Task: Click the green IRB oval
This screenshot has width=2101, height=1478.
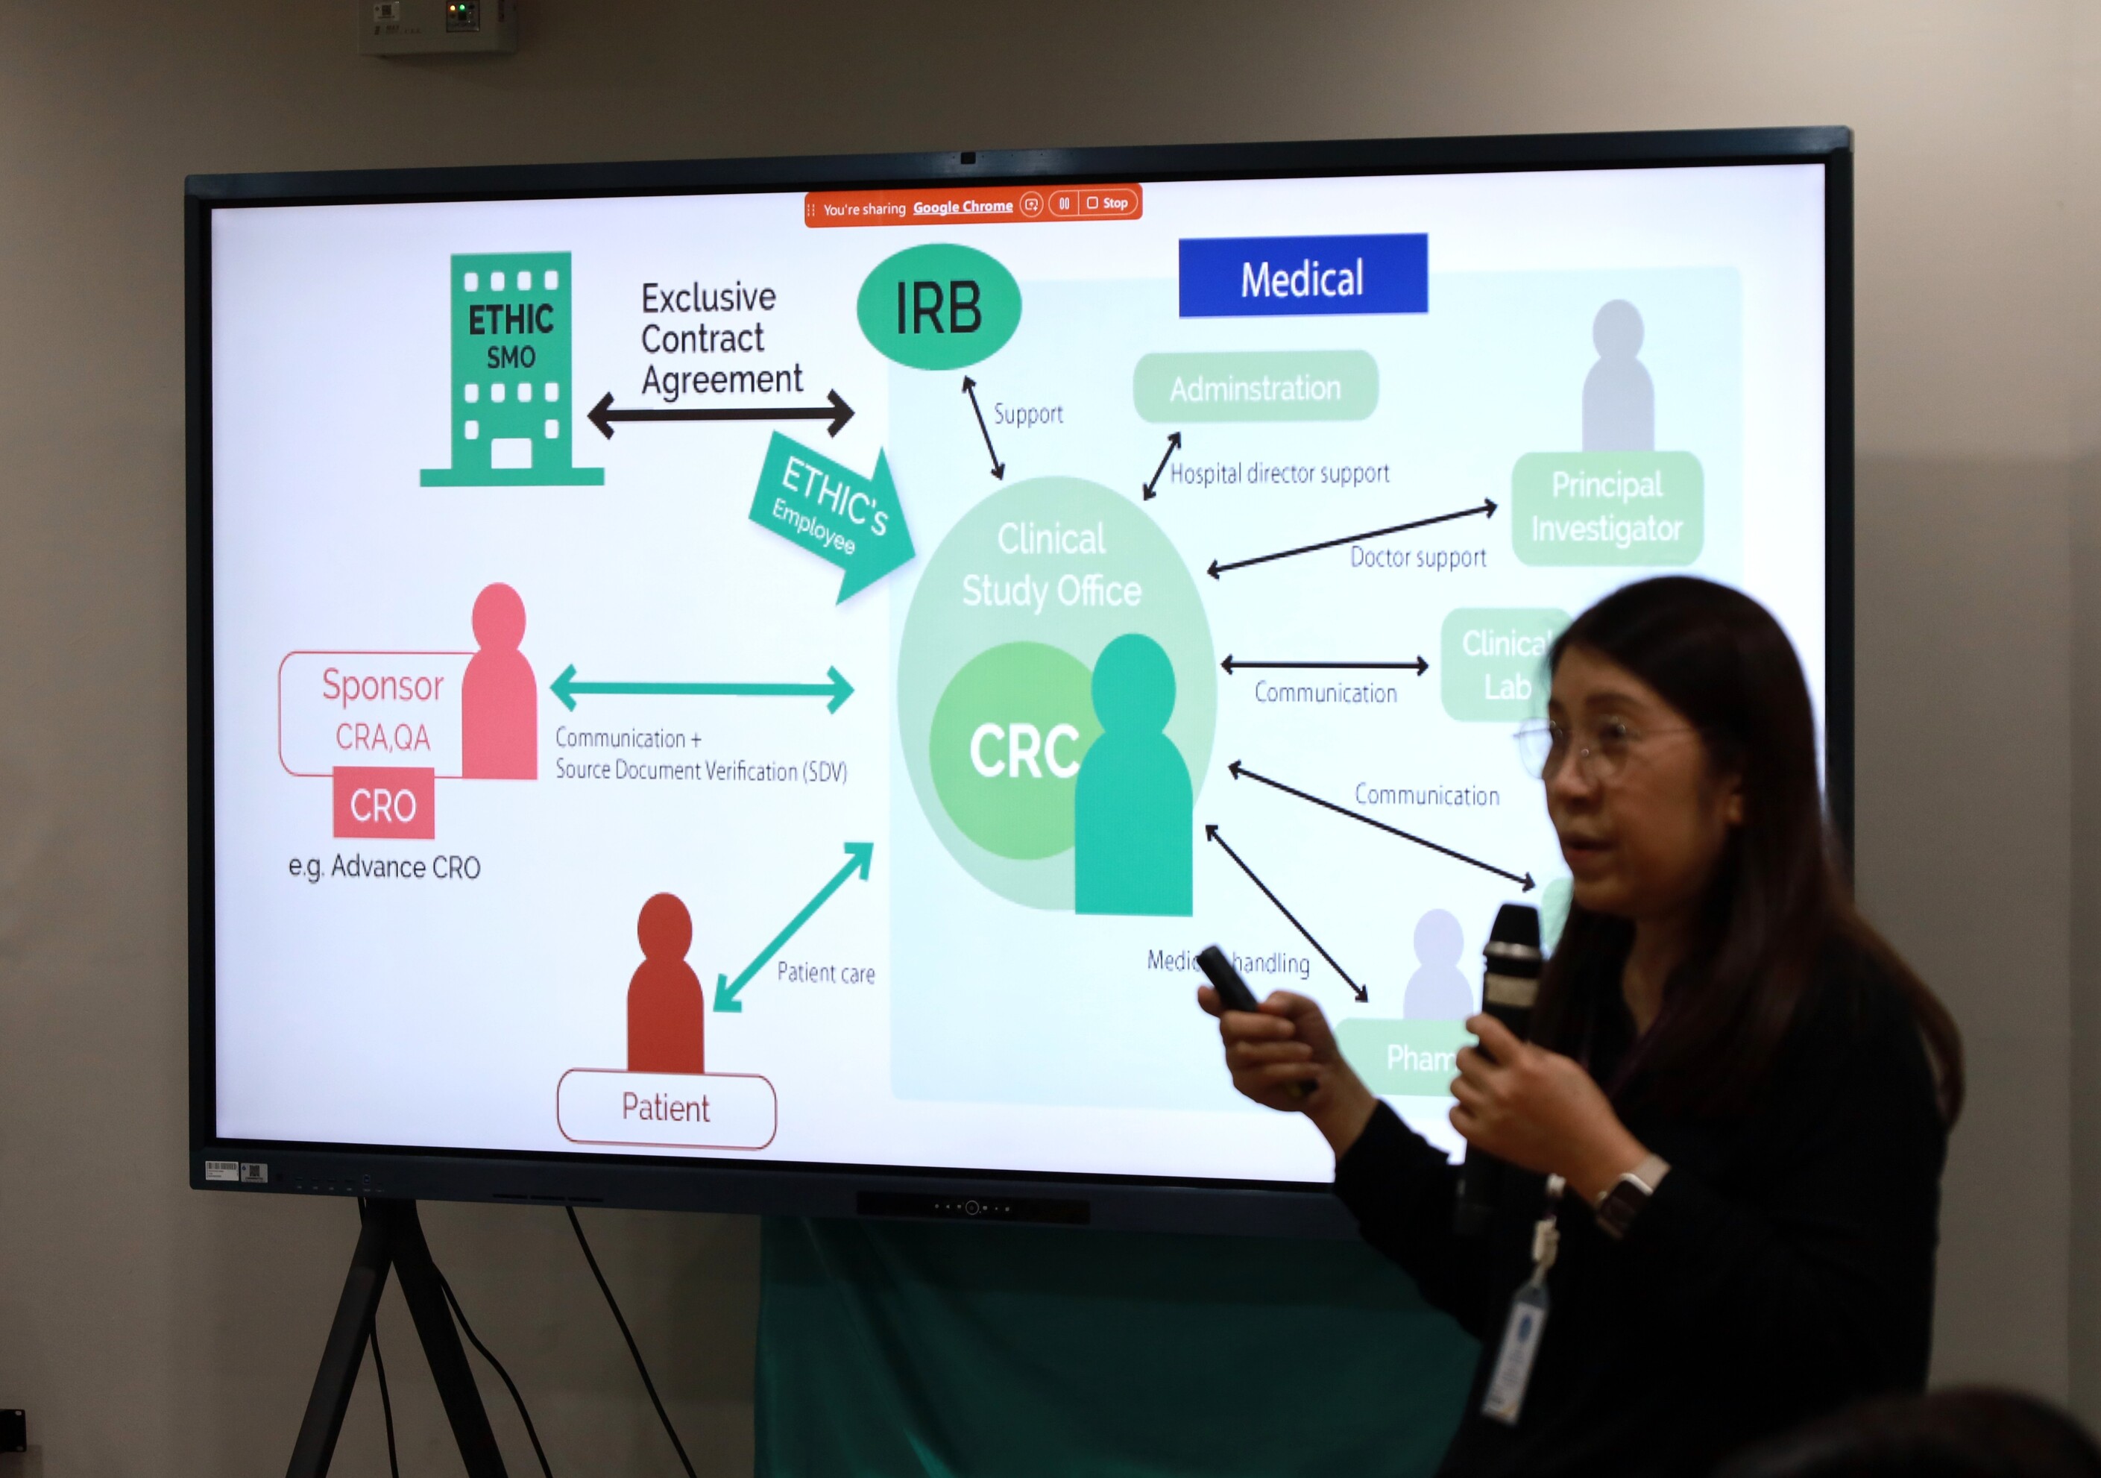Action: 938,306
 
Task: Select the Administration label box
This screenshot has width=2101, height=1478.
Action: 1255,387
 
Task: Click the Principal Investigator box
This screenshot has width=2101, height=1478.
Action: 1606,507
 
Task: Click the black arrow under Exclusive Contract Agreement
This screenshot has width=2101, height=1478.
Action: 720,414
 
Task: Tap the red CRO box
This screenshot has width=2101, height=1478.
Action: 382,805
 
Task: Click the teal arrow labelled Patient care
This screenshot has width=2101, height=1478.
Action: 793,926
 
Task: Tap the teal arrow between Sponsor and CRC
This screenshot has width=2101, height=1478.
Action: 702,688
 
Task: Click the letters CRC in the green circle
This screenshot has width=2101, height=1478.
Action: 1023,750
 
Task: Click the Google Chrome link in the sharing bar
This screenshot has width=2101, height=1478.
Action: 963,207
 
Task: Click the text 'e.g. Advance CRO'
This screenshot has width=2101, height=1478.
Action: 384,866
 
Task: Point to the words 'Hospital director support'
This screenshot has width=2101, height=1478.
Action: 1279,473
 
